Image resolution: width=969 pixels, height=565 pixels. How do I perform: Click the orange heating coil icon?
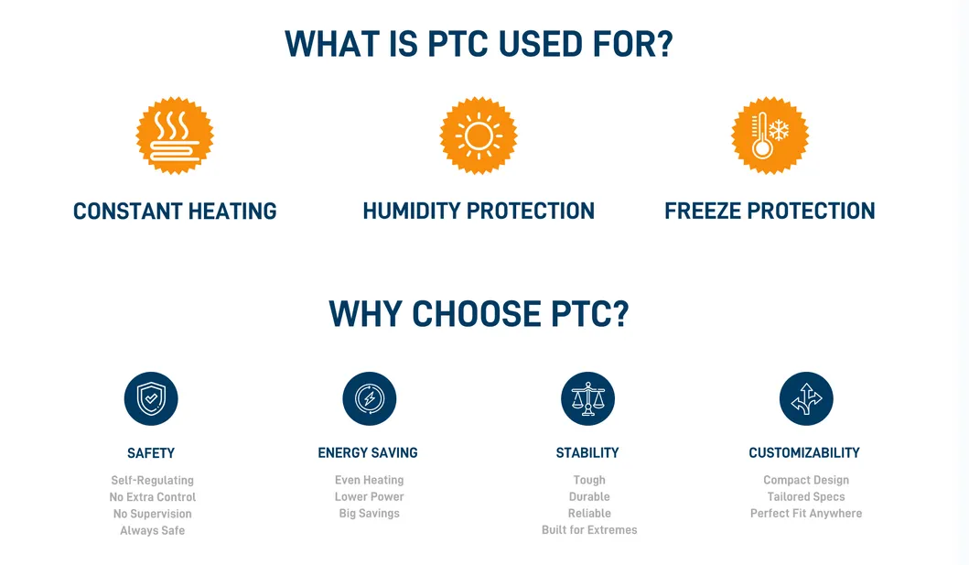pyautogui.click(x=175, y=136)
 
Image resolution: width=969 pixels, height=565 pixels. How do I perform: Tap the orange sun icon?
pyautogui.click(x=479, y=136)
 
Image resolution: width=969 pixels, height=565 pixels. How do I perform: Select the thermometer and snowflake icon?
pyautogui.click(x=770, y=136)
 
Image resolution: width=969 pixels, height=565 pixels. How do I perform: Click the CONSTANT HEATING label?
pyautogui.click(x=175, y=212)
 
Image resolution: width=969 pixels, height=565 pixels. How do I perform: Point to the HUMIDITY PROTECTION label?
pyautogui.click(x=479, y=212)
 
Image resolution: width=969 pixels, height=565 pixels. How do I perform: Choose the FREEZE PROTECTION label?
pyautogui.click(x=770, y=212)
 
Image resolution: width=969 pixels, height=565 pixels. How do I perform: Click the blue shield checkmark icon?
pyautogui.click(x=151, y=399)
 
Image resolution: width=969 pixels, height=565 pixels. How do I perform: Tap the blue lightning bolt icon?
pyautogui.click(x=369, y=399)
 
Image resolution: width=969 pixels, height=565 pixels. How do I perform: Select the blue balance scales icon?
pyautogui.click(x=587, y=399)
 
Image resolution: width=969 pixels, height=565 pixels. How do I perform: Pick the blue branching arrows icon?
pyautogui.click(x=805, y=399)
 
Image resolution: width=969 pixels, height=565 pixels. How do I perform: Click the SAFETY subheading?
pyautogui.click(x=151, y=453)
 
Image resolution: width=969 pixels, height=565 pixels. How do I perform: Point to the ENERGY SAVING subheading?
pyautogui.click(x=368, y=453)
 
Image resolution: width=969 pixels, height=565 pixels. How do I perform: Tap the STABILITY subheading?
pyautogui.click(x=587, y=453)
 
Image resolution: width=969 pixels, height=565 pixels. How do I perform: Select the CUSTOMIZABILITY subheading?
pyautogui.click(x=804, y=453)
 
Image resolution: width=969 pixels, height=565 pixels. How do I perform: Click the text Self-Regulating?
pyautogui.click(x=153, y=480)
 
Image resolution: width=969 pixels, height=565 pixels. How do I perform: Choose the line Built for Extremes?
pyautogui.click(x=589, y=530)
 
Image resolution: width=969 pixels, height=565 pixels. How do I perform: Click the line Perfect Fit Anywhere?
pyautogui.click(x=806, y=514)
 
